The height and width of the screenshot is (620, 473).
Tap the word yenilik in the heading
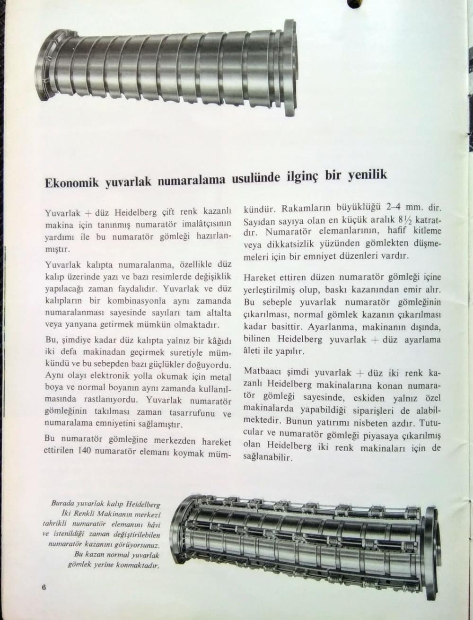click(x=368, y=175)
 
